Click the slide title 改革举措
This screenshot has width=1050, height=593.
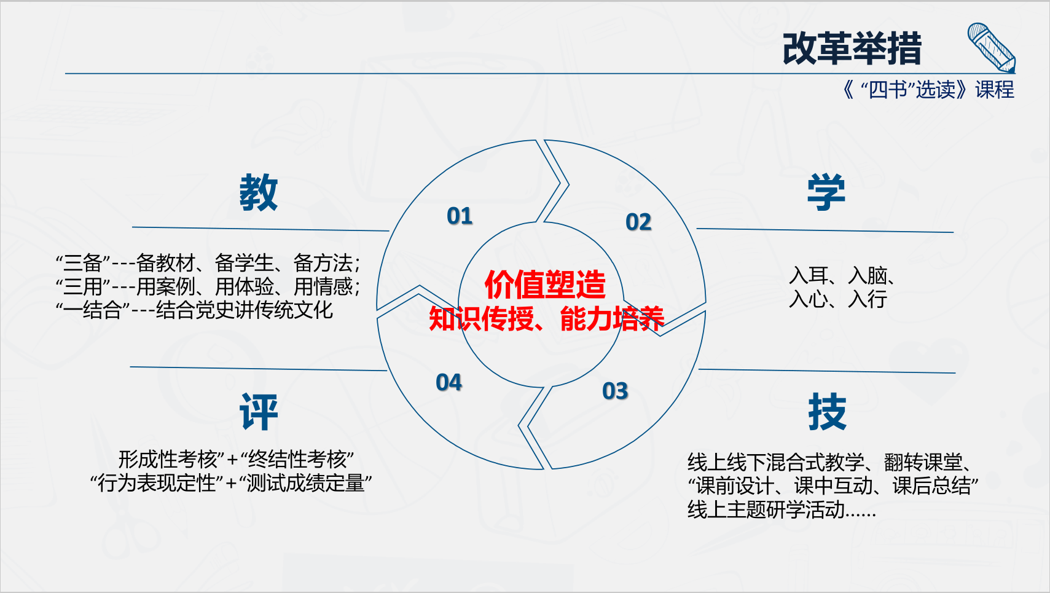(x=852, y=49)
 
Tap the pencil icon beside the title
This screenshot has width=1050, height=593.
(x=991, y=48)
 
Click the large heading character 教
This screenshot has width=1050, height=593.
(x=259, y=192)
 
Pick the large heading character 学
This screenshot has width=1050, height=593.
(x=826, y=192)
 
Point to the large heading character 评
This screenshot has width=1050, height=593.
(x=259, y=412)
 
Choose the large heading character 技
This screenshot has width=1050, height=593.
(x=828, y=412)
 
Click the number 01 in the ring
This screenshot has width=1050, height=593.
(x=460, y=216)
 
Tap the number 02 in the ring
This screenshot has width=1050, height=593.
(x=638, y=222)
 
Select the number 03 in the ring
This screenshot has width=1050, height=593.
(x=615, y=391)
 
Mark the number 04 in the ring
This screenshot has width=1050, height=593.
(x=449, y=382)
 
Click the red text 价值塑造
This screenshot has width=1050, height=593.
(x=545, y=285)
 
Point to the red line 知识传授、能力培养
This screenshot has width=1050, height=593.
(x=547, y=319)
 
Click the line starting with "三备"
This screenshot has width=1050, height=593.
(x=208, y=263)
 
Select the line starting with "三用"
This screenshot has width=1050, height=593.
(x=208, y=286)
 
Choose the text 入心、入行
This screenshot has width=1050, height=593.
(x=837, y=299)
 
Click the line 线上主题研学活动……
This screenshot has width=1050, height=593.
(x=782, y=509)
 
